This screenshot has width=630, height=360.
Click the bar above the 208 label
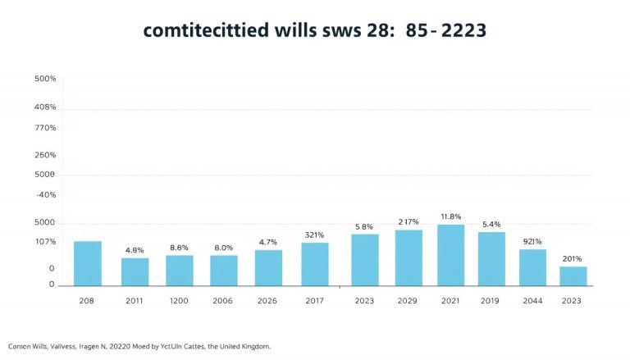[88, 263]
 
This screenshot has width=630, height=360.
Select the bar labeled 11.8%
[450, 255]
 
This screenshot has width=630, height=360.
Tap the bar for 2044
[532, 267]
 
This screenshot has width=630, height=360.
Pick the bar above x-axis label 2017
[314, 264]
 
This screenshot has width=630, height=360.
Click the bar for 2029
[409, 257]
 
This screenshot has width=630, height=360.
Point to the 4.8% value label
[135, 250]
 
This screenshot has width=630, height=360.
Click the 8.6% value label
[179, 247]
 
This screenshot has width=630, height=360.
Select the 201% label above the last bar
[572, 258]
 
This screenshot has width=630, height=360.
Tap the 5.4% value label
[491, 224]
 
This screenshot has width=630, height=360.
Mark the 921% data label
[532, 241]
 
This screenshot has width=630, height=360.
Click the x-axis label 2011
[135, 301]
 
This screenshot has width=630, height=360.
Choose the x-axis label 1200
[179, 301]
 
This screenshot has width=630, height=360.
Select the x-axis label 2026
[267, 301]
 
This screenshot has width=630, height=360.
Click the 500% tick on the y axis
[45, 79]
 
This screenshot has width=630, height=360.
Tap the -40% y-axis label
[45, 194]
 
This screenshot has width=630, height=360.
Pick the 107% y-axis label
[45, 242]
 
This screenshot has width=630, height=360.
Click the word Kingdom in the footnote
[249, 346]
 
